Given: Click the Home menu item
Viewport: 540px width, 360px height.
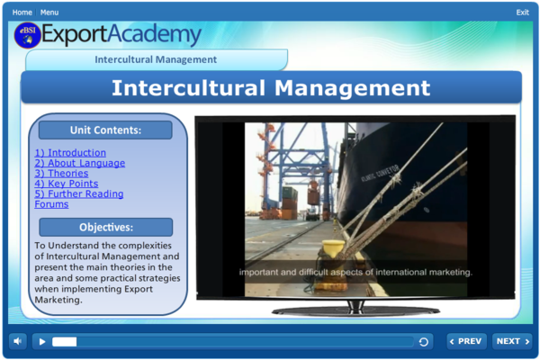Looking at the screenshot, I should (22, 13).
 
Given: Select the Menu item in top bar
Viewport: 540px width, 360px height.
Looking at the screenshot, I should (49, 13).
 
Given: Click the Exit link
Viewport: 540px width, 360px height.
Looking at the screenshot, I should (522, 13).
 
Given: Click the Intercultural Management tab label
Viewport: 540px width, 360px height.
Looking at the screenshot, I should (156, 59).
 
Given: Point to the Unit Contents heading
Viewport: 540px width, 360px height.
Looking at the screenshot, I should (105, 130).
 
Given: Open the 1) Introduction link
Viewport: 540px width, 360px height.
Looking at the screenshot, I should (70, 153).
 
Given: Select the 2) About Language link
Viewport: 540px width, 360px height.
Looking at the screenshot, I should (79, 163).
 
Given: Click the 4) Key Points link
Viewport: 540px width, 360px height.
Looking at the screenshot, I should (66, 184).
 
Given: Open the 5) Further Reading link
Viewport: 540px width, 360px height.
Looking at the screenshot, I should (79, 193).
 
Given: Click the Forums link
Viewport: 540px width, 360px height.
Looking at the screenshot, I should (51, 204).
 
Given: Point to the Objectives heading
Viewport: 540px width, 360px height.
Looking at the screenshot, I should (105, 228).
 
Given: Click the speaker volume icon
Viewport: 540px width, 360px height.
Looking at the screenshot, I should (18, 341).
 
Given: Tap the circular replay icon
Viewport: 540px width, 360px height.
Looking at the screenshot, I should (424, 342).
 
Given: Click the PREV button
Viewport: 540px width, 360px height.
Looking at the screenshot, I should (466, 341).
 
